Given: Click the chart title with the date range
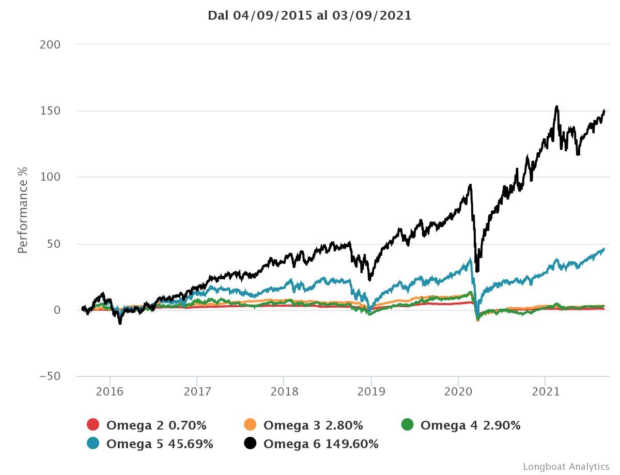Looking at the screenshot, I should tap(309, 15).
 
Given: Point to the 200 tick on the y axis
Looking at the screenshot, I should tap(50, 44).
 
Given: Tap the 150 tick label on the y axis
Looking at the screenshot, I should tap(50, 111).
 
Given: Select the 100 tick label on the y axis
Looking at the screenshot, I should tap(50, 177).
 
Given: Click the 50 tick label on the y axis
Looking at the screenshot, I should tap(54, 244).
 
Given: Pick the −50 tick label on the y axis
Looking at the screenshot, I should tap(50, 376).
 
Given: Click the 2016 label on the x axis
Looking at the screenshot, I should tap(110, 392).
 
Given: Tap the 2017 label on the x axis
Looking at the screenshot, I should tap(197, 392).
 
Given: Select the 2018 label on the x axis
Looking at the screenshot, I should tap(284, 392).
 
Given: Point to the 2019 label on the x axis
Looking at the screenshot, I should tap(371, 392).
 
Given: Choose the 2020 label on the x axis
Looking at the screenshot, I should tap(458, 392).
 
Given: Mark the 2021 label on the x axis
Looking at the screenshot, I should tap(546, 392).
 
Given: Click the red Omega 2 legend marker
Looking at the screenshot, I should tap(93, 425).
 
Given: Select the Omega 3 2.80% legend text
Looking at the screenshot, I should tap(313, 425).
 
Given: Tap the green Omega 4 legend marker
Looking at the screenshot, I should tap(407, 425).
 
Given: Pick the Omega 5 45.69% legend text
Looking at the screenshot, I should tap(160, 444).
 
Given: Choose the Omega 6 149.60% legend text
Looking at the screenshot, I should tap(321, 444).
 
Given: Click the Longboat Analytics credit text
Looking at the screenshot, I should tap(566, 466).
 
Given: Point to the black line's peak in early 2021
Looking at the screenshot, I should tap(556, 107).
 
